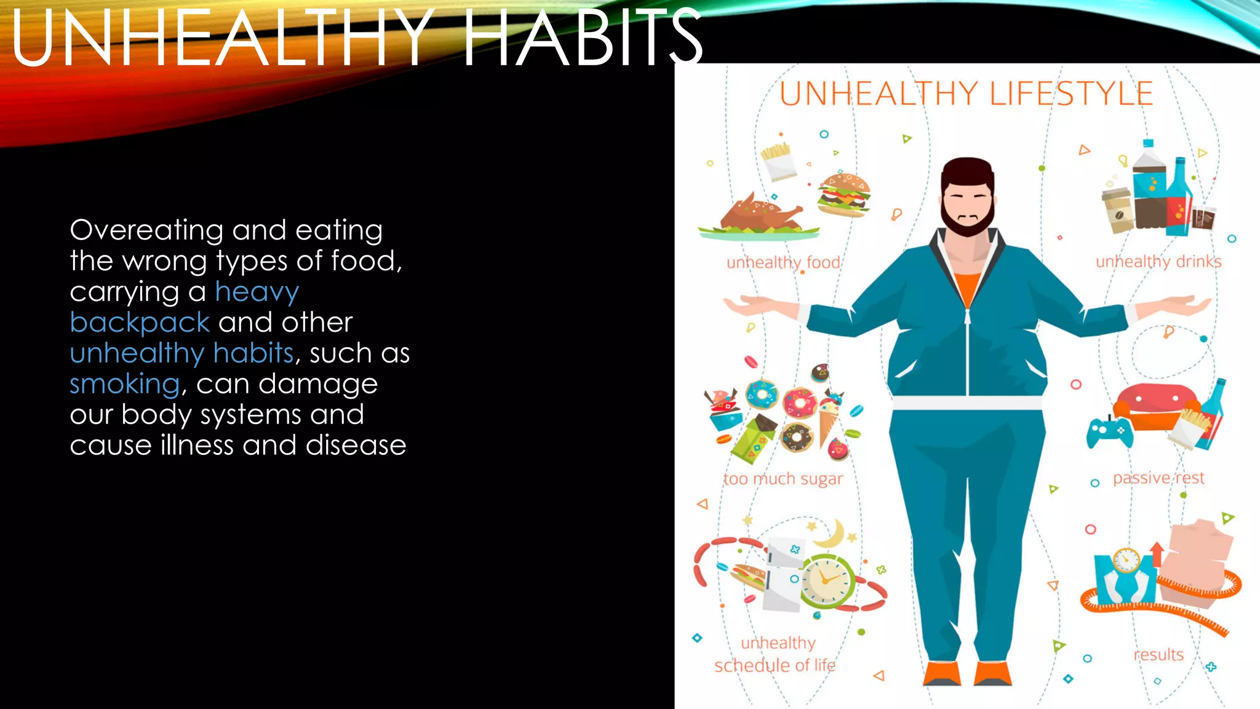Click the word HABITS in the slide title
pos(582,38)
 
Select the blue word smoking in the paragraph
pos(124,384)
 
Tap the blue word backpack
pos(140,322)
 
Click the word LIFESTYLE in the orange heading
pos(1071,94)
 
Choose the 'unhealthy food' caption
pos(783,263)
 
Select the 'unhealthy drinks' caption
pos(1158,262)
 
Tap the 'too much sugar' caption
pos(783,479)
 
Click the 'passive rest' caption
pos(1158,478)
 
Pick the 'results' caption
pos(1158,654)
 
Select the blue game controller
pos(1109,432)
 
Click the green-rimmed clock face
pos(826,580)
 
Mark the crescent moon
pos(831,534)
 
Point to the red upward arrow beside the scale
pos(1157,553)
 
